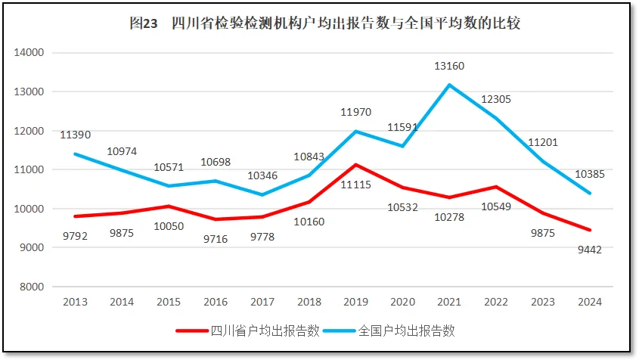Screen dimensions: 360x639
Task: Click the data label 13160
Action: click(449, 66)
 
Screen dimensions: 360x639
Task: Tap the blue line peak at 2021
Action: click(449, 85)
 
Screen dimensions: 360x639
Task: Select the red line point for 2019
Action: click(355, 164)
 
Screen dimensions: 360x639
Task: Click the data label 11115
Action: click(355, 184)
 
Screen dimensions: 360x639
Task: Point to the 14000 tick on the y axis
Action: click(30, 53)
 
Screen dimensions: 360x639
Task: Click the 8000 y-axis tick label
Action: click(33, 287)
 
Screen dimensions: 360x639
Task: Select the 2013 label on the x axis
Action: click(75, 302)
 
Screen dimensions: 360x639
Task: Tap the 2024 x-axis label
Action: click(589, 302)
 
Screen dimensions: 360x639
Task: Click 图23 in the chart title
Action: click(143, 23)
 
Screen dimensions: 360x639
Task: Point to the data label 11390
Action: click(76, 135)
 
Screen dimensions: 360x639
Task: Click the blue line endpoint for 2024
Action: click(589, 193)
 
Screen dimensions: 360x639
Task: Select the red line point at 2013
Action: click(75, 216)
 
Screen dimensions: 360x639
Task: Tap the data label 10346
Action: click(262, 175)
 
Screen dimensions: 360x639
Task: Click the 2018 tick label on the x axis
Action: click(309, 302)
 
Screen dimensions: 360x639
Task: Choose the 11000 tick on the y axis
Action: click(30, 169)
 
